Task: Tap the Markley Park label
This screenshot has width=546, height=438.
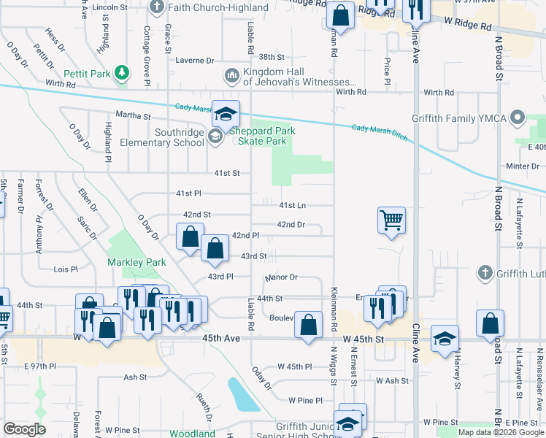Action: [x=136, y=262]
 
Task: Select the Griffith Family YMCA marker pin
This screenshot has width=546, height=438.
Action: [x=518, y=117]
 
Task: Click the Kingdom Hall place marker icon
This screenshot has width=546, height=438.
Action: [x=232, y=75]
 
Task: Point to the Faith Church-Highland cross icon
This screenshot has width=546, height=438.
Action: [x=157, y=8]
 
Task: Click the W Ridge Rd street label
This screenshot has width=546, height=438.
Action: [x=467, y=26]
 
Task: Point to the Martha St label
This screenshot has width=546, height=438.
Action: [x=132, y=115]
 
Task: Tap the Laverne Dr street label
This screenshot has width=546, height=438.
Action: [x=195, y=61]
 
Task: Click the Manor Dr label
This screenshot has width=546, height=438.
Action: [x=282, y=277]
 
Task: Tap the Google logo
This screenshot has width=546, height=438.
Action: [x=25, y=429]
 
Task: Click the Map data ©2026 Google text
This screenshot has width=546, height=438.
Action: [x=500, y=432]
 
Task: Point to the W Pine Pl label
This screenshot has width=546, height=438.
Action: [x=305, y=400]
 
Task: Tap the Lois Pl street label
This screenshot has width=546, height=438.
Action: [x=66, y=269]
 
